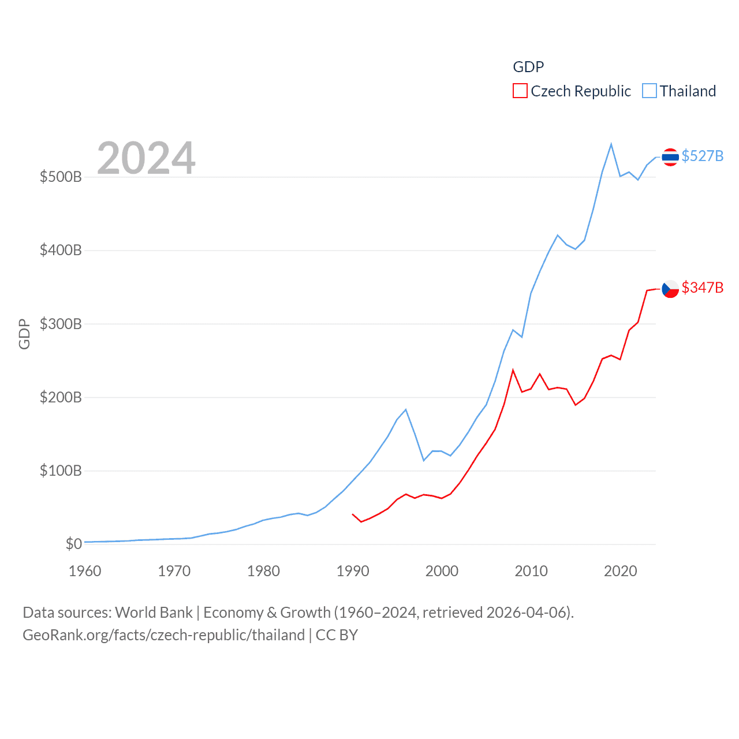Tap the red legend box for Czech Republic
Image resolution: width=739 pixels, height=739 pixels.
pyautogui.click(x=520, y=91)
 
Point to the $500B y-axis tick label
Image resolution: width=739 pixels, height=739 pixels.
pyautogui.click(x=61, y=177)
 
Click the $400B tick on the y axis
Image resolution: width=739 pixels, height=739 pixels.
pyautogui.click(x=61, y=250)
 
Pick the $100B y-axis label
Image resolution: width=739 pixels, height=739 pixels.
pyautogui.click(x=61, y=471)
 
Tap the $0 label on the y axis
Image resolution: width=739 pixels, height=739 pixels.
pyautogui.click(x=74, y=544)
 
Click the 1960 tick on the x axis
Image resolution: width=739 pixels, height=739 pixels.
pyautogui.click(x=85, y=571)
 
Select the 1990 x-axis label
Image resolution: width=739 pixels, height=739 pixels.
pyautogui.click(x=353, y=571)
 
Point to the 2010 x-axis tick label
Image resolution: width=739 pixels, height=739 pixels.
pyautogui.click(x=531, y=571)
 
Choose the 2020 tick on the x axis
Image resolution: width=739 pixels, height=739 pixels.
pyautogui.click(x=620, y=571)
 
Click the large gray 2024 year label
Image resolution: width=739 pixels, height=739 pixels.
pyautogui.click(x=146, y=158)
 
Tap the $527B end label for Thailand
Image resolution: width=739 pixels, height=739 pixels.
pyautogui.click(x=702, y=156)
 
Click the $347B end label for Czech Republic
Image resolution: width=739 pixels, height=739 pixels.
pyautogui.click(x=702, y=288)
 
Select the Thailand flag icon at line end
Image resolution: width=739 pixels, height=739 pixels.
pyautogui.click(x=670, y=156)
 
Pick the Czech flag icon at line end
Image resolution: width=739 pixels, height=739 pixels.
pyautogui.click(x=670, y=289)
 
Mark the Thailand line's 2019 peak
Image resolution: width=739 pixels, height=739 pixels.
pyautogui.click(x=611, y=144)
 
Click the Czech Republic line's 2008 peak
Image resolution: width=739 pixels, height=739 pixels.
pyautogui.click(x=513, y=370)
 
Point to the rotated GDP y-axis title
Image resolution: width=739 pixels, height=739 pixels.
pyautogui.click(x=24, y=334)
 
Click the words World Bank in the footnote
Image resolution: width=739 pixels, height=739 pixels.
pyautogui.click(x=154, y=612)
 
